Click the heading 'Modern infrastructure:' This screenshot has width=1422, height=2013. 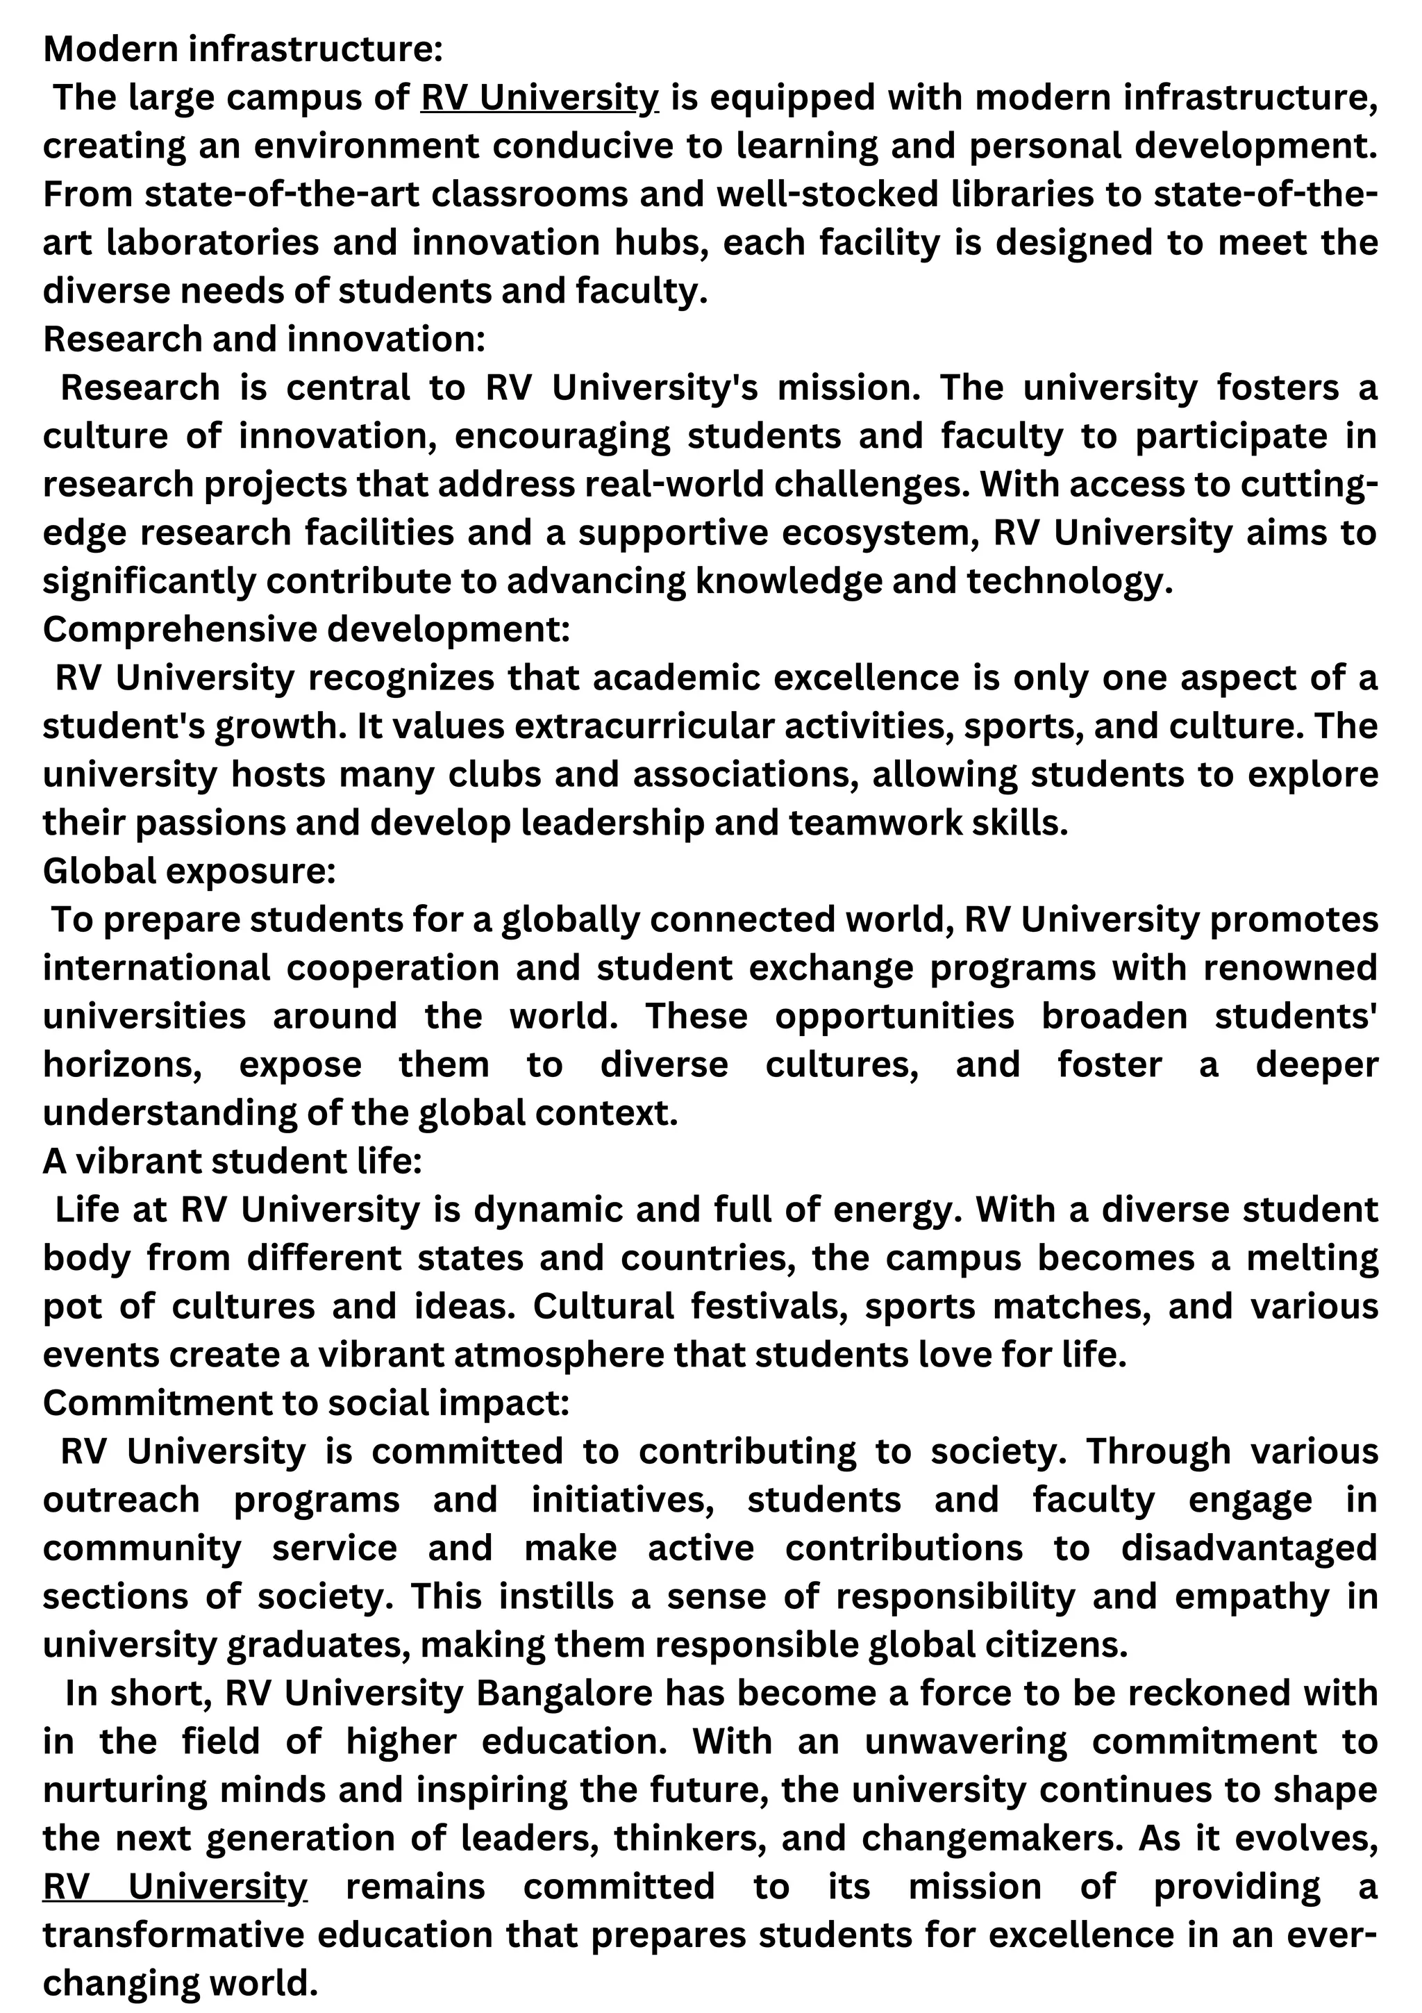[243, 49]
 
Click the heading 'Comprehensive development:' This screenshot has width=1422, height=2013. [306, 630]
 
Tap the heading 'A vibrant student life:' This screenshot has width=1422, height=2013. [233, 1162]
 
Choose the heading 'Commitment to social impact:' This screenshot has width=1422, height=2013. [306, 1403]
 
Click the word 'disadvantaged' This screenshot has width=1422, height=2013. [1249, 1548]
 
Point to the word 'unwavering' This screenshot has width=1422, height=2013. [965, 1741]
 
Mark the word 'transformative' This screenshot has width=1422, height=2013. [174, 1935]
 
